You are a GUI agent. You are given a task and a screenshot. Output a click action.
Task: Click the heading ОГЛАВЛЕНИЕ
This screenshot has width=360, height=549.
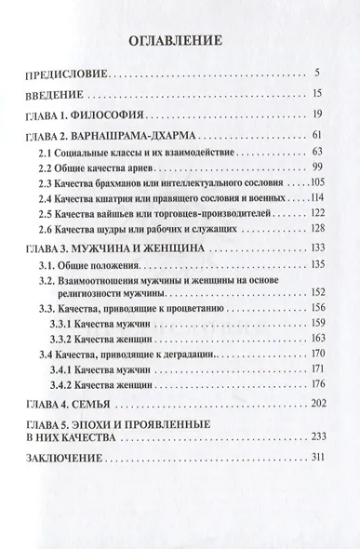tap(180, 41)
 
